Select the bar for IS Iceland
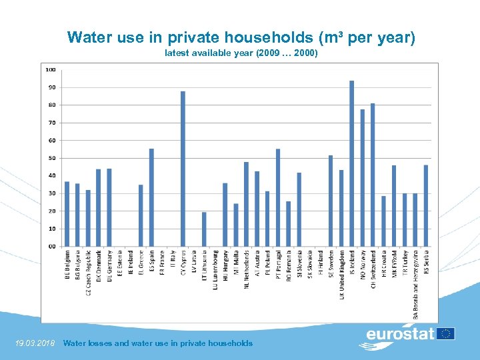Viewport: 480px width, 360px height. [351, 163]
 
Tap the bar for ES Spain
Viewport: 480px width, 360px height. [151, 197]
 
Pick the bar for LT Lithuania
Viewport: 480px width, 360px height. [204, 229]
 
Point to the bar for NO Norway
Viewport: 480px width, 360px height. [362, 178]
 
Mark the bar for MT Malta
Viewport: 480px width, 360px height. [235, 225]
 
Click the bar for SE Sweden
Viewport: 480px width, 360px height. [331, 201]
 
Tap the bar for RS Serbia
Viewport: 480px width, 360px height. [425, 205]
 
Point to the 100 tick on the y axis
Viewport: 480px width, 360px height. [50, 69]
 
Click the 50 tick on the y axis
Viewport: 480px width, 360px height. [51, 158]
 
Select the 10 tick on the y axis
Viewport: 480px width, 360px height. [51, 229]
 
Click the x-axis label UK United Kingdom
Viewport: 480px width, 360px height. [341, 275]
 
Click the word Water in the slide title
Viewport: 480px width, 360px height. [90, 38]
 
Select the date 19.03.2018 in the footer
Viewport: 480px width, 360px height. [35, 343]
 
